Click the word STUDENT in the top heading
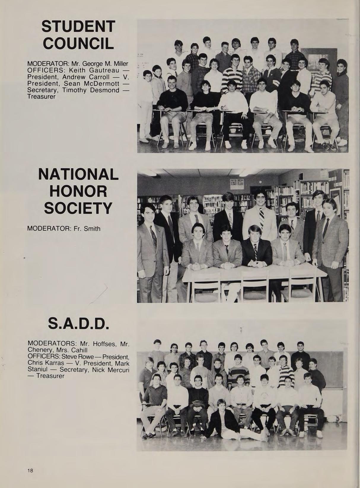click(78, 27)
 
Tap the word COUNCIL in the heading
click(78, 44)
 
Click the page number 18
click(30, 462)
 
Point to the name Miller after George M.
click(122, 64)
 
